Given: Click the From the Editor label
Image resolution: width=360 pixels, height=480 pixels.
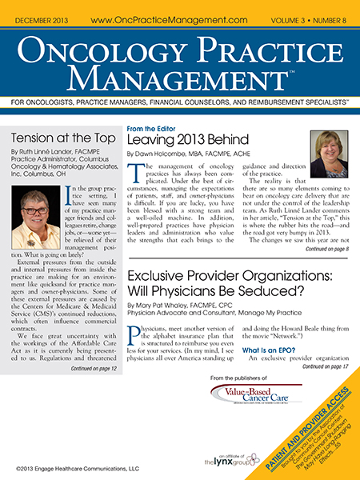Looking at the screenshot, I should [154, 126].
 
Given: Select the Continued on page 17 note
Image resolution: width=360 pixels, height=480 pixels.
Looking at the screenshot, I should [326, 345].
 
